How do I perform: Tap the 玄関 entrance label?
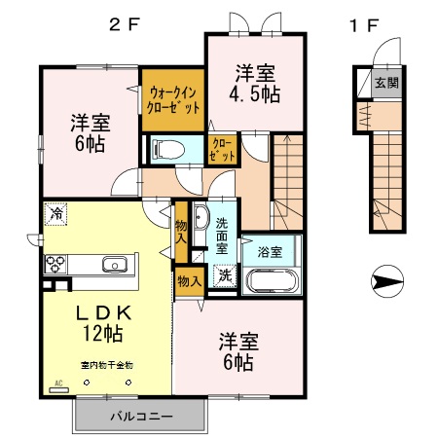386,84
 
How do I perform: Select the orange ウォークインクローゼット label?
174,100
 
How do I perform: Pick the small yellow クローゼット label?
224,149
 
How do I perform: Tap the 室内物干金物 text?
105,365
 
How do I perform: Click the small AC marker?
57,383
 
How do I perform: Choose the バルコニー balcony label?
140,416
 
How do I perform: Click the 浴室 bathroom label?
270,251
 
